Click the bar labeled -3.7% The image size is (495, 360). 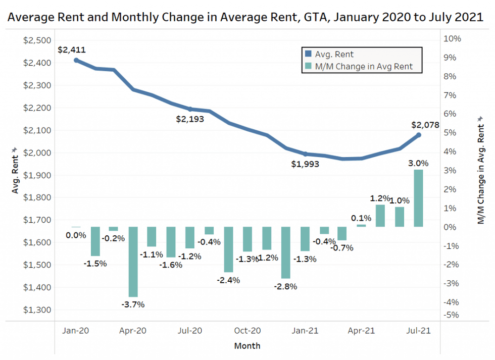(133, 262)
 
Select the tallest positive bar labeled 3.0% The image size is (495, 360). (418, 198)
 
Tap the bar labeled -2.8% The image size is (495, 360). (285, 252)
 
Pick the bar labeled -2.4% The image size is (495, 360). (228, 249)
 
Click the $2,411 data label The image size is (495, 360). (71, 49)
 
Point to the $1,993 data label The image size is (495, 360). (305, 164)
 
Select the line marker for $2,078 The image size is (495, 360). (418, 135)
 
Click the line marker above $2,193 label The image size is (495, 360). (190, 109)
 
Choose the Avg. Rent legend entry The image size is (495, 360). (334, 54)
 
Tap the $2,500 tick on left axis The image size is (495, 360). (37, 40)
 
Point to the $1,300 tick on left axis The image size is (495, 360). (37, 310)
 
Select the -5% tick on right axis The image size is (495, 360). (451, 315)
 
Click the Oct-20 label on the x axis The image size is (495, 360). (247, 331)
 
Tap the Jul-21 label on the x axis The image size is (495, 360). (418, 331)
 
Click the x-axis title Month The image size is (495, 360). (247, 346)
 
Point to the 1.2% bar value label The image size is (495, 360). (380, 198)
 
